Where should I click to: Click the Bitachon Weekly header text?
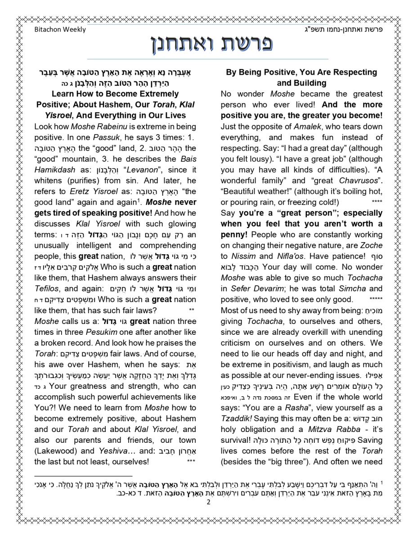pyautogui.click(x=60, y=30)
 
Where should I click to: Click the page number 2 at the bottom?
pyautogui.click(x=208, y=503)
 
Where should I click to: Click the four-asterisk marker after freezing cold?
pyautogui.click(x=377, y=202)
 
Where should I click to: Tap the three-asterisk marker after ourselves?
pyautogui.click(x=191, y=462)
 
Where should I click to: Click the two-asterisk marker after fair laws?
pyautogui.click(x=191, y=310)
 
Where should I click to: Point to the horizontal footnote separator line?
pyautogui.click(x=83, y=476)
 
